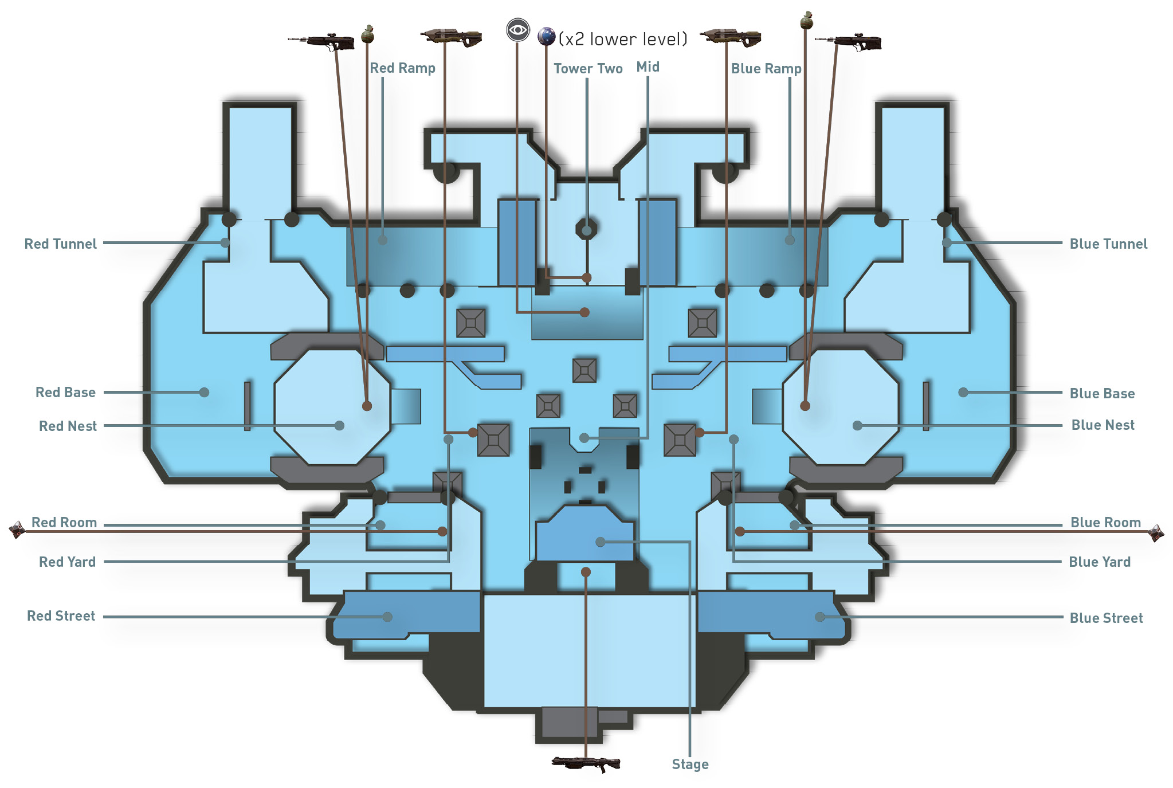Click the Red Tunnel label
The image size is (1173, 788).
pyautogui.click(x=60, y=244)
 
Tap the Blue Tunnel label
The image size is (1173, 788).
pyautogui.click(x=1108, y=244)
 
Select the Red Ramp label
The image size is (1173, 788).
pyautogui.click(x=402, y=68)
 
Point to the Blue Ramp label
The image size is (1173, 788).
pyautogui.click(x=766, y=69)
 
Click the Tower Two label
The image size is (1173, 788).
pyautogui.click(x=588, y=69)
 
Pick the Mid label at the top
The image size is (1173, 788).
pyautogui.click(x=648, y=67)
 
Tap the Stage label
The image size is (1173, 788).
pyautogui.click(x=690, y=765)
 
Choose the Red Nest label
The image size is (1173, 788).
pyautogui.click(x=68, y=426)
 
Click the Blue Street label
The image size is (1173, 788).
pyautogui.click(x=1106, y=618)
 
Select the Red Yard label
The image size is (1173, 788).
pyautogui.click(x=67, y=562)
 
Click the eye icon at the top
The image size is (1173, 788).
pyautogui.click(x=517, y=30)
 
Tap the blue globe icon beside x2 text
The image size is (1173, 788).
pyautogui.click(x=547, y=37)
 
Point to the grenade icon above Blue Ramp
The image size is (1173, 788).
pyautogui.click(x=806, y=20)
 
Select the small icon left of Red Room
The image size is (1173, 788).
pyautogui.click(x=17, y=530)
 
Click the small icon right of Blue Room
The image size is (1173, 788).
pyautogui.click(x=1156, y=533)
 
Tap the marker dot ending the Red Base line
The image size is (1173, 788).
pyautogui.click(x=204, y=393)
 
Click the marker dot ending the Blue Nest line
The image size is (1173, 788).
pyautogui.click(x=857, y=426)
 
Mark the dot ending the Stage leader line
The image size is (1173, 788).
pyautogui.click(x=600, y=542)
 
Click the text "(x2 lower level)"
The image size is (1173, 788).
pyautogui.click(x=623, y=39)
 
